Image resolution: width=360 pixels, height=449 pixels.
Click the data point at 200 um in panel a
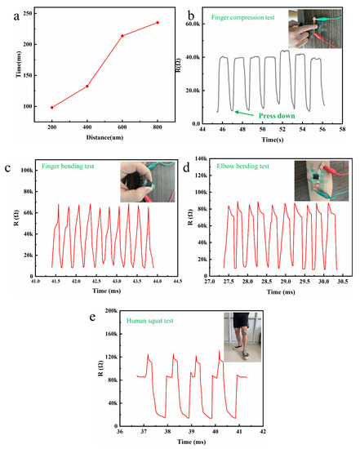51,107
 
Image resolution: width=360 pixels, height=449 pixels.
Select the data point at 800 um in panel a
157,23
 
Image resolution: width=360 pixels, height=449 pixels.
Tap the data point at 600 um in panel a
122,36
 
